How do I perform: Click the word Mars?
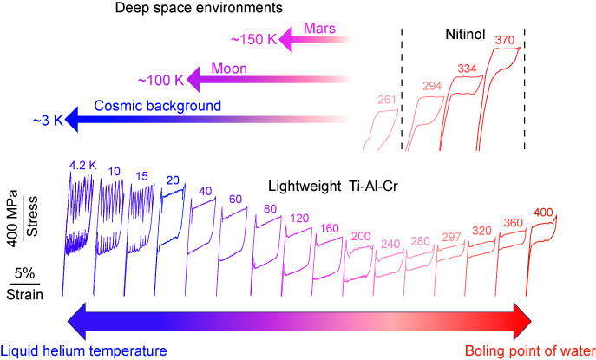pyautogui.click(x=320, y=28)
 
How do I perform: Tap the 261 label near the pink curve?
pyautogui.click(x=387, y=100)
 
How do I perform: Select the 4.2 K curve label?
pyautogui.click(x=82, y=162)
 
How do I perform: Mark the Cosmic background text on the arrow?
pyautogui.click(x=164, y=106)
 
